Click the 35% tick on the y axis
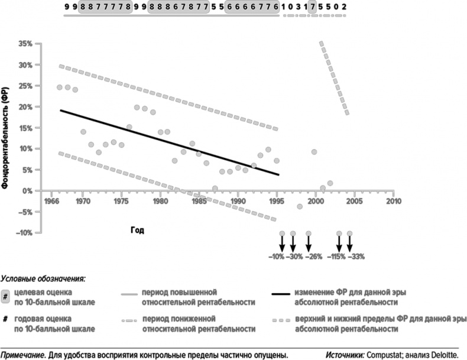coord(25,44)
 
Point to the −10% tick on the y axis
coord(24,233)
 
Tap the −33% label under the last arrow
coord(357,257)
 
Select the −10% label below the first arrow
coord(275,257)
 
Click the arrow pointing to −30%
coord(292,242)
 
